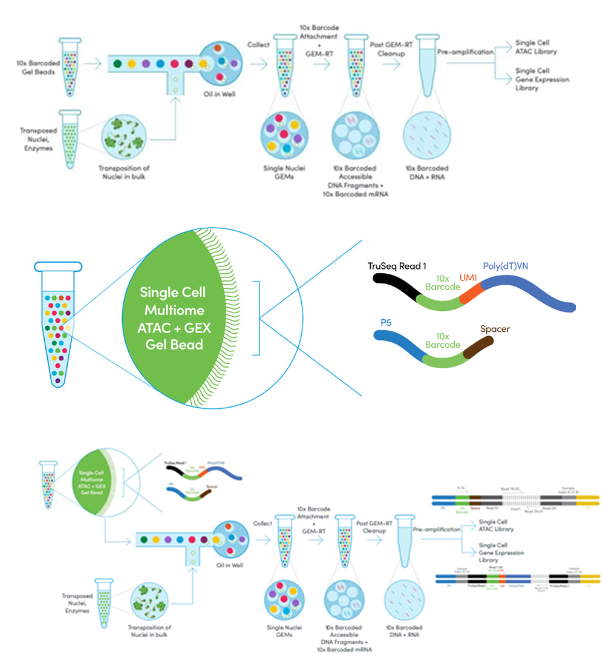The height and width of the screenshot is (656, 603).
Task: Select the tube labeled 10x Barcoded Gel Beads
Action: point(70,67)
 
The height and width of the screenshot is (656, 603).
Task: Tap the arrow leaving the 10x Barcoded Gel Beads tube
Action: point(93,62)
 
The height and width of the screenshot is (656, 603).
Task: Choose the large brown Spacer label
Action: point(495,329)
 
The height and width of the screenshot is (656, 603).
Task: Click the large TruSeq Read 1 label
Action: point(397,266)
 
